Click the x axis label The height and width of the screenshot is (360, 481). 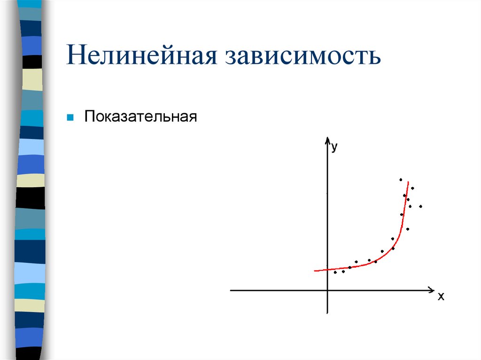(x=441, y=297)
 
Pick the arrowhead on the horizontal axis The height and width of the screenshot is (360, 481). (x=431, y=291)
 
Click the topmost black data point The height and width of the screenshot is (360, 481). (x=401, y=179)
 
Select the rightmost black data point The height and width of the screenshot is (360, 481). (x=420, y=206)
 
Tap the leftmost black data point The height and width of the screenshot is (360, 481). (x=335, y=272)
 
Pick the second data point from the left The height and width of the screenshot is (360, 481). (x=343, y=271)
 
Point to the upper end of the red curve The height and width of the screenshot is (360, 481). (x=408, y=182)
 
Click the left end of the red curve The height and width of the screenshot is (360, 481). (x=315, y=270)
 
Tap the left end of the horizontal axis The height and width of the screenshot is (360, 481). (x=231, y=291)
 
